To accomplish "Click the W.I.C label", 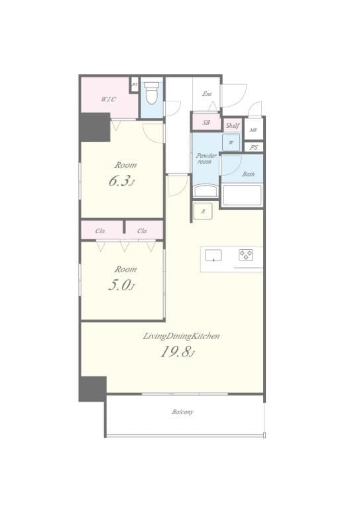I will pyautogui.click(x=108, y=99).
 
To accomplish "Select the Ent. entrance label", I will pyautogui.click(x=208, y=93).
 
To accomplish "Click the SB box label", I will pyautogui.click(x=206, y=123).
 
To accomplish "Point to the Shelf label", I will pyautogui.click(x=232, y=125).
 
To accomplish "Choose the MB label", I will pyautogui.click(x=253, y=129).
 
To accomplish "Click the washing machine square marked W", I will pyautogui.click(x=231, y=142).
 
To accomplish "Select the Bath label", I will pyautogui.click(x=248, y=174).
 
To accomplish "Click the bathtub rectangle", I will pyautogui.click(x=242, y=196).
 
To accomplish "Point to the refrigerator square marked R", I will pyautogui.click(x=203, y=211).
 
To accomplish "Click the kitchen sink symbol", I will pyautogui.click(x=213, y=256).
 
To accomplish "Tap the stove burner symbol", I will pyautogui.click(x=246, y=255).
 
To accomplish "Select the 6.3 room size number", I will pyautogui.click(x=122, y=180).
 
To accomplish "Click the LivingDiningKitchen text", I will pyautogui.click(x=181, y=336).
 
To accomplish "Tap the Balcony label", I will pyautogui.click(x=183, y=412).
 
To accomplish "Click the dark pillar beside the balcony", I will pyautogui.click(x=92, y=388).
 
